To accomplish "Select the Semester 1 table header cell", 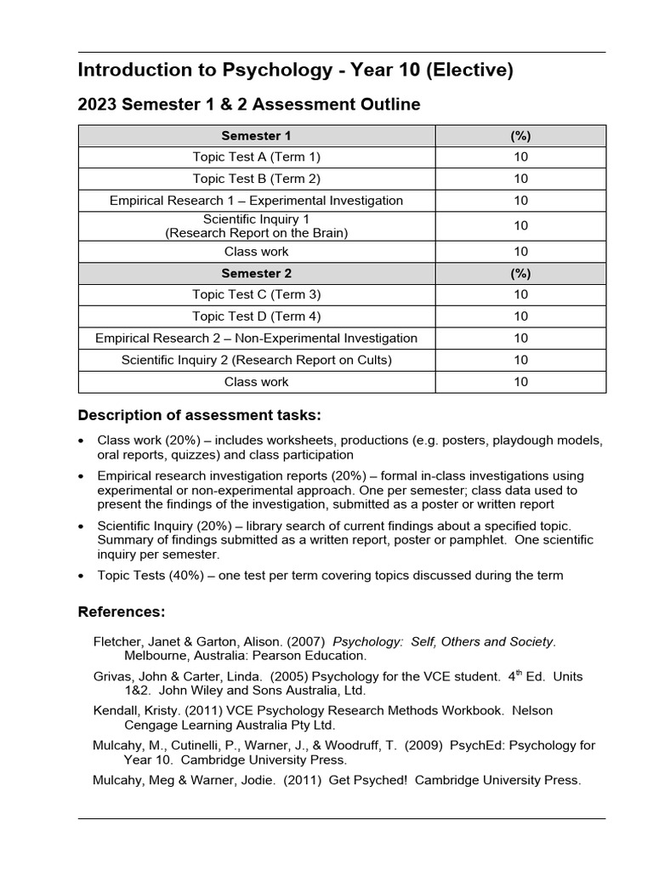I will (257, 136).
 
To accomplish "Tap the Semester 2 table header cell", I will (257, 273).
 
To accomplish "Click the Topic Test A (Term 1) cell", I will (257, 157).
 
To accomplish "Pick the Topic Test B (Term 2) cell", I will (257, 179).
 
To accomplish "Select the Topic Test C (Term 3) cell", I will (257, 294).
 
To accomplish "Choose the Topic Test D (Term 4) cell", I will (257, 316).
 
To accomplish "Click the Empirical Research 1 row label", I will (257, 201).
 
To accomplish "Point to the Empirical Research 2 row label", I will (257, 339).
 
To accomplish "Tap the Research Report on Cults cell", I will (257, 360).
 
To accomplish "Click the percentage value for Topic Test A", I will (520, 157).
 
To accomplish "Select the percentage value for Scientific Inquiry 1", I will (520, 225).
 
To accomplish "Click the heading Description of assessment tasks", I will (200, 415).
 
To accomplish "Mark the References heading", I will (122, 612).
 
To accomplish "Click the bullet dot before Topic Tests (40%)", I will (81, 576).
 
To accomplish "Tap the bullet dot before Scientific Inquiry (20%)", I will (81, 527).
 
